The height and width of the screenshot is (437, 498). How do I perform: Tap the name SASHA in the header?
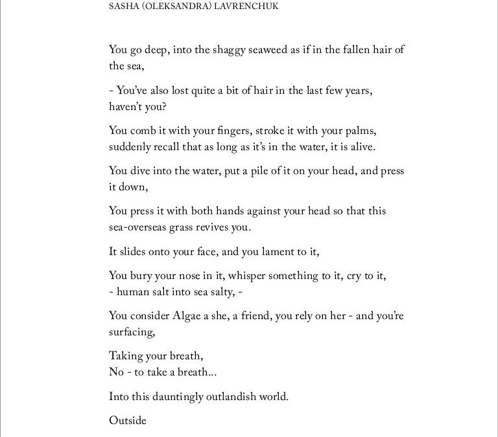[122, 8]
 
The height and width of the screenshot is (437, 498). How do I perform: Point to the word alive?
[362, 147]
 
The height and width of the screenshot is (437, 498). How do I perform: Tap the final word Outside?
[128, 421]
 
